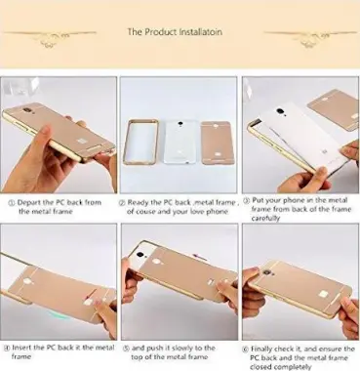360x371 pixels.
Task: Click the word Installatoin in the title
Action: [206, 31]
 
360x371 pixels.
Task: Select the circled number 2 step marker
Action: [123, 204]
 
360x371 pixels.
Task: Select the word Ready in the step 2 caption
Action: [140, 204]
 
